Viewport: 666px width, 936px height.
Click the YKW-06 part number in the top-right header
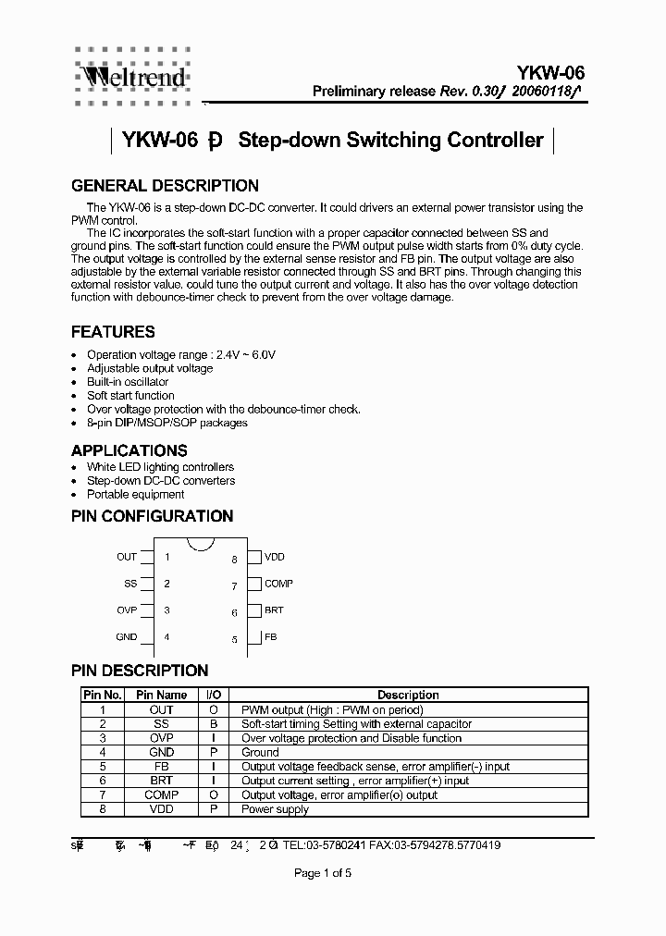click(x=551, y=73)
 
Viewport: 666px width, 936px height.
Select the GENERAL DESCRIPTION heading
click(x=165, y=186)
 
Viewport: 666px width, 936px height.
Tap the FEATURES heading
click(x=113, y=332)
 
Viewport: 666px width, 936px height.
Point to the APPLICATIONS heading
click(x=129, y=450)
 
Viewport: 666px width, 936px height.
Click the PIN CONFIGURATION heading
click(x=152, y=516)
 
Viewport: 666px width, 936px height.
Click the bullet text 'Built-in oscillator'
click(x=128, y=382)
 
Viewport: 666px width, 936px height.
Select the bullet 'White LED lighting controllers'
click(x=160, y=467)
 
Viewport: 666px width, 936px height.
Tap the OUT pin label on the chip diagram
click(x=127, y=557)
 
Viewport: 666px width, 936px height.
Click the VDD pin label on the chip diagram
click(x=275, y=557)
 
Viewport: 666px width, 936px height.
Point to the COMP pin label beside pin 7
click(x=278, y=584)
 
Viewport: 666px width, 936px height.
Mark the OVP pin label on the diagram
click(x=127, y=610)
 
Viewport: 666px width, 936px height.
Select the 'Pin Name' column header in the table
click(x=162, y=695)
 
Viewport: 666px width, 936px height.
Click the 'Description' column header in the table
click(x=407, y=695)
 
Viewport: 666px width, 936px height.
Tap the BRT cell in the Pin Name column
click(x=162, y=781)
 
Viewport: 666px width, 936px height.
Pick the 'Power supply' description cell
click(x=275, y=809)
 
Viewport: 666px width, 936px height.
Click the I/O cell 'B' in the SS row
click(x=214, y=724)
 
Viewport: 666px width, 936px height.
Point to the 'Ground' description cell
click(x=260, y=753)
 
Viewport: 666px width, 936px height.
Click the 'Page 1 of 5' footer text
click(x=323, y=873)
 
